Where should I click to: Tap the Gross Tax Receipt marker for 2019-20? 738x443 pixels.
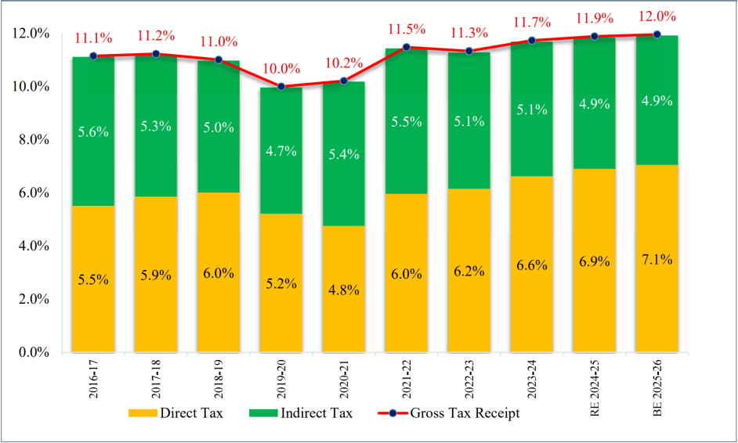[x=281, y=87]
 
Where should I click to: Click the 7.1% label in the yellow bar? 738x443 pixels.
[x=657, y=259]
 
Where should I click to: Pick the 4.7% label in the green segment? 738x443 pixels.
[x=281, y=151]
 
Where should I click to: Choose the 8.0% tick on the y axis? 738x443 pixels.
[x=31, y=139]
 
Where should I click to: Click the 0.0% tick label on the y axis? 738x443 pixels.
[x=31, y=352]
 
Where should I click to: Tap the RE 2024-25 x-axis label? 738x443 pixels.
[x=595, y=384]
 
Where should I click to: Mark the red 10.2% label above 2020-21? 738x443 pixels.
[x=344, y=63]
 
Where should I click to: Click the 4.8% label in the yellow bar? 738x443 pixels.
[x=344, y=290]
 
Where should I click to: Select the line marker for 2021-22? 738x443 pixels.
[x=407, y=47]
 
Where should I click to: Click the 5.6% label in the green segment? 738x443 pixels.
[x=93, y=133]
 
